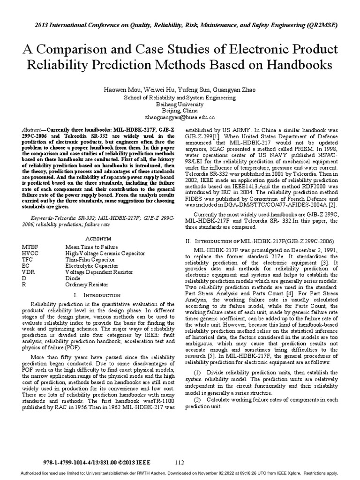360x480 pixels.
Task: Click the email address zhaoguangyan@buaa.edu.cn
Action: coord(180,118)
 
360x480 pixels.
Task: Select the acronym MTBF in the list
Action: coord(30,247)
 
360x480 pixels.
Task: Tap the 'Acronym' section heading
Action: coord(97,238)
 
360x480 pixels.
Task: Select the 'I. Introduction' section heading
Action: coord(97,296)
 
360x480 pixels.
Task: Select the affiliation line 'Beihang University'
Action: coord(180,104)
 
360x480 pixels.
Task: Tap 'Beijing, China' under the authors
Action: coord(180,111)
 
